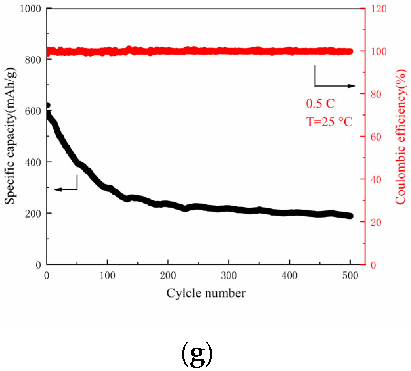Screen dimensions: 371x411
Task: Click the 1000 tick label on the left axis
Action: click(30, 9)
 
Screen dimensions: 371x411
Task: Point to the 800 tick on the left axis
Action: click(33, 59)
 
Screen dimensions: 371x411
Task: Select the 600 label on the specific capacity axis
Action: click(33, 111)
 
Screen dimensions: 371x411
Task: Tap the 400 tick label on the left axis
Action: click(33, 162)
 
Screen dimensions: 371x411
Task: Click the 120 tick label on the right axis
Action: click(379, 9)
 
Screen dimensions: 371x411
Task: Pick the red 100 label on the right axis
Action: click(379, 52)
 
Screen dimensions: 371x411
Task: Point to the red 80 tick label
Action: click(376, 94)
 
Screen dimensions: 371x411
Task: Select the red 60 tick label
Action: click(376, 137)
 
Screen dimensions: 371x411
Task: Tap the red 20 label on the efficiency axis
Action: click(376, 222)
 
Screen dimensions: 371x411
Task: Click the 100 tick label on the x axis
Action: click(107, 275)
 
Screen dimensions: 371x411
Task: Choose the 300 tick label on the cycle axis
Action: click(228, 275)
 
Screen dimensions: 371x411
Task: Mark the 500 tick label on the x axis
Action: click(350, 275)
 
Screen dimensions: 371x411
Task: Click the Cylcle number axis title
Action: click(206, 293)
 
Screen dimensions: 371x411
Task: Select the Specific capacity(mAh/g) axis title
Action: click(11, 136)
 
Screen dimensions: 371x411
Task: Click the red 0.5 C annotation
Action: click(320, 104)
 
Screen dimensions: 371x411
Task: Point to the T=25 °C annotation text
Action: click(329, 122)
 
